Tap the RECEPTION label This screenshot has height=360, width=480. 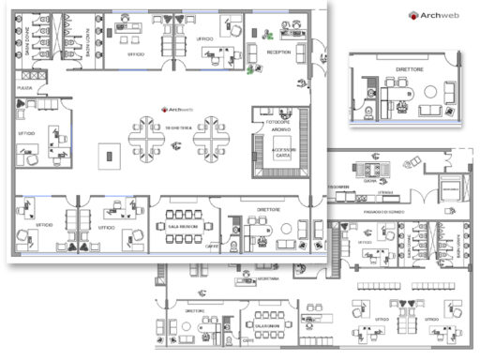278,52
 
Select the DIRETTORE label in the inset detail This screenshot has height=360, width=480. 409,69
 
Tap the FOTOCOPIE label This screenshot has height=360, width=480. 278,122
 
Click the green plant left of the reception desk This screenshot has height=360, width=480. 250,67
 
